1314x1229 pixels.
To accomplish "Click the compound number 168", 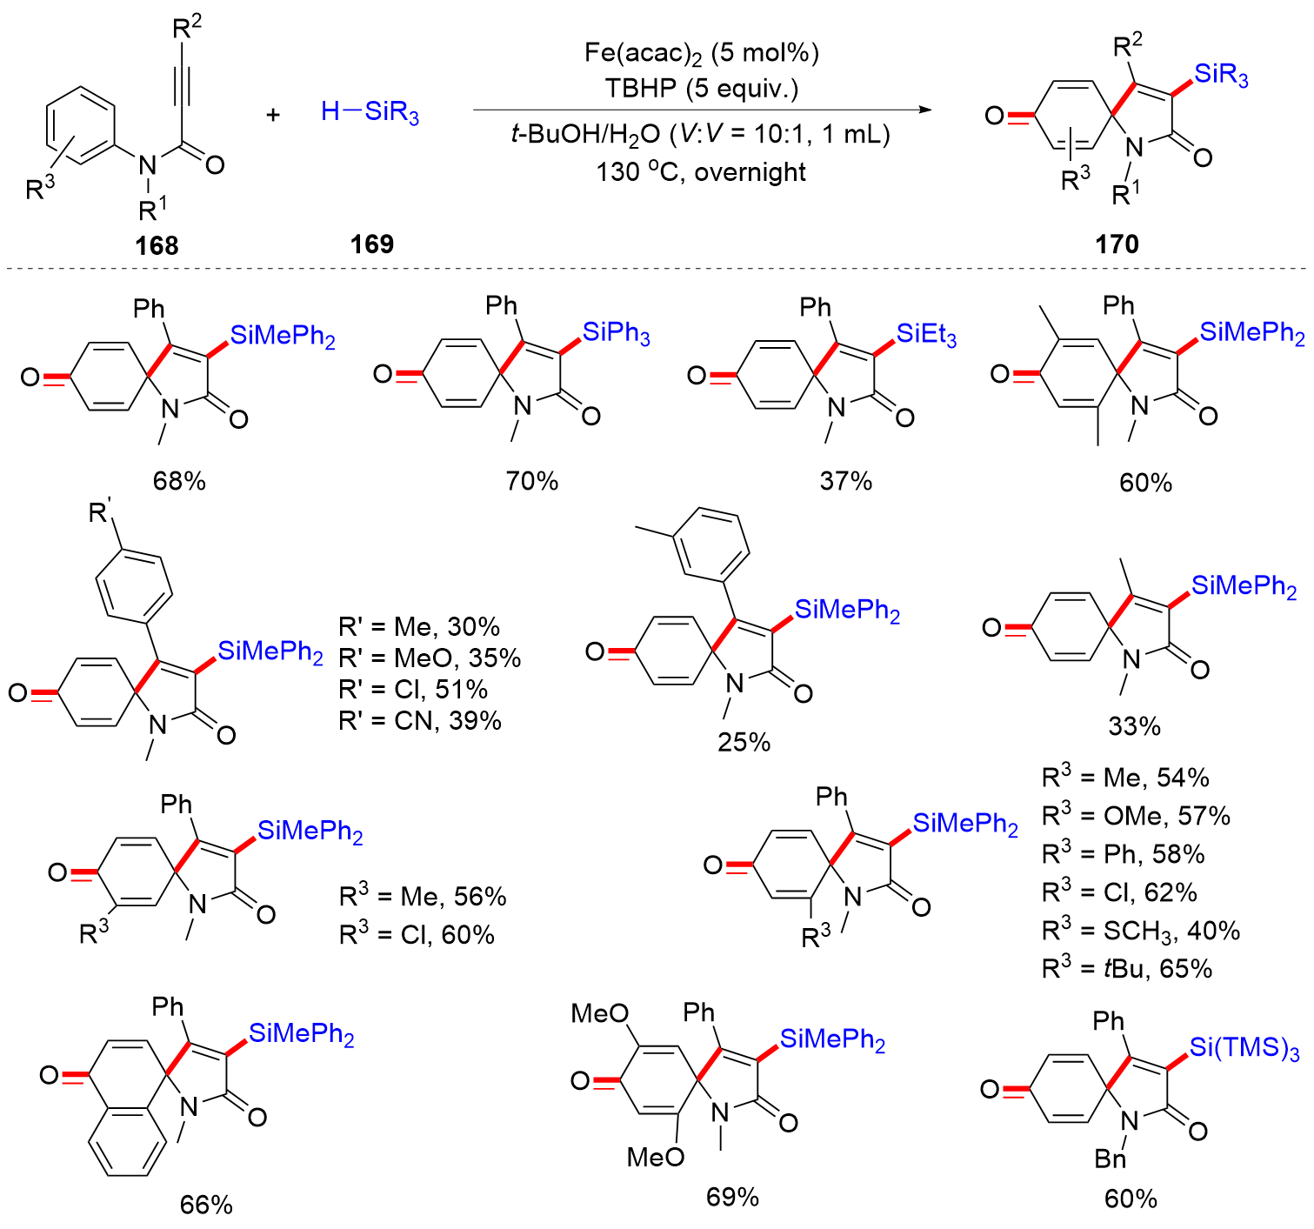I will (157, 245).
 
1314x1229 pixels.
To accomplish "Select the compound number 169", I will (371, 244).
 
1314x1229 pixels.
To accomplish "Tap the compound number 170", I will (1117, 244).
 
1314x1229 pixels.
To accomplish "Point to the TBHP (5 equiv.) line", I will (701, 89).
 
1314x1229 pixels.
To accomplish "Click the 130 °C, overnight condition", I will (701, 172).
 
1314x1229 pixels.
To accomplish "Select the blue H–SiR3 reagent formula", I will (370, 112).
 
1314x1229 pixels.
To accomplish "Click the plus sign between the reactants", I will (273, 114).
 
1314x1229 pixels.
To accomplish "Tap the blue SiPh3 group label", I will (617, 332).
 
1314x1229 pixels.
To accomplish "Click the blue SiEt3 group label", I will (927, 334).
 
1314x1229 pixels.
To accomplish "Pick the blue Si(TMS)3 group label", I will (1244, 1048).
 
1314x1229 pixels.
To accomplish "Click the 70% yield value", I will (532, 481).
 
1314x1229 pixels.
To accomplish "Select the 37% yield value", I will (845, 481).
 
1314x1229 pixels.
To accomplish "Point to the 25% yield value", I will (744, 742).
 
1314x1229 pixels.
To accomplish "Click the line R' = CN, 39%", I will (420, 720).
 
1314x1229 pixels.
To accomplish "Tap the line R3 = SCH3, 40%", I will (1141, 931).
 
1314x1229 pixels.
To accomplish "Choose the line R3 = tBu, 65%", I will (1127, 969).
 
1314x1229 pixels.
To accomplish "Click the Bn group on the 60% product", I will (1111, 1159).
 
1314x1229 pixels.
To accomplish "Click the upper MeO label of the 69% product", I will (600, 1014).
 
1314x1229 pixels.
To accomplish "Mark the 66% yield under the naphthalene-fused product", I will (206, 1205).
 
